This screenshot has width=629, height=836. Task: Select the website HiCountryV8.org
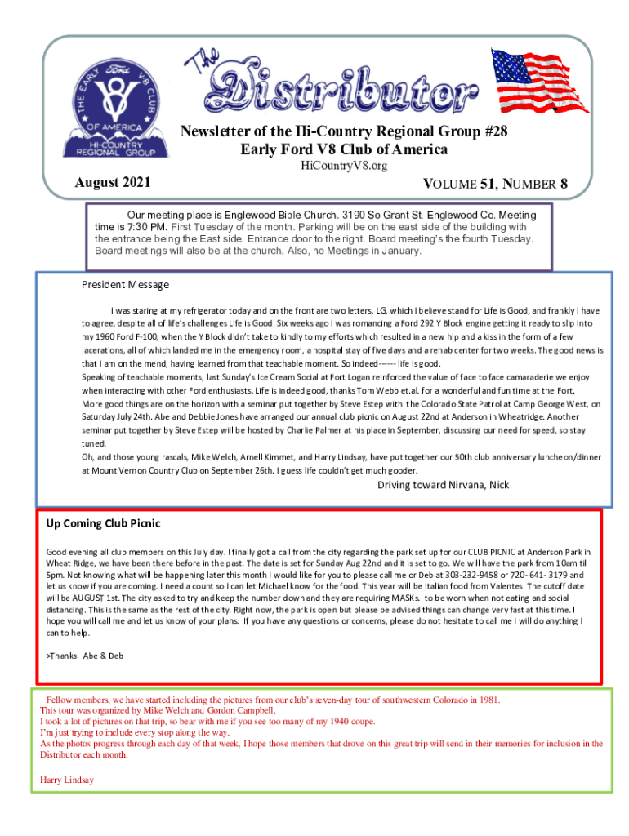click(343, 166)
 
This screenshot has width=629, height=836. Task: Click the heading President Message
click(125, 285)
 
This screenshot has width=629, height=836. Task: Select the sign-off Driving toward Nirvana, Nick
click(443, 485)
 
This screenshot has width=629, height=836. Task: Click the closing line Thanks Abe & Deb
click(86, 655)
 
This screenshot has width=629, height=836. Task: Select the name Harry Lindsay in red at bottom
click(67, 780)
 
